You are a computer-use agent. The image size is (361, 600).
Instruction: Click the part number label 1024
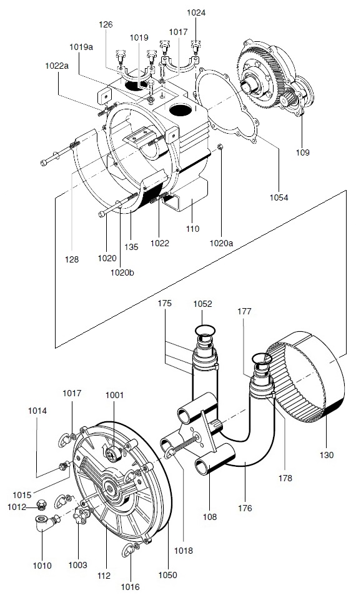[195, 12]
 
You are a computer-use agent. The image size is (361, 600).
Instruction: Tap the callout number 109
[302, 152]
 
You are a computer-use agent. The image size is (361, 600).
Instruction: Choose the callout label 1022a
[56, 65]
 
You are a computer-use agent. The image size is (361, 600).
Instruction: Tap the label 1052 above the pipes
[202, 304]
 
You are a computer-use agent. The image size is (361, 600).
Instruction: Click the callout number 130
[327, 454]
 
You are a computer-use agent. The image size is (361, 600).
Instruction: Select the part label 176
[245, 508]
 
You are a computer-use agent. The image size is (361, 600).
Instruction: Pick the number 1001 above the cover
[114, 395]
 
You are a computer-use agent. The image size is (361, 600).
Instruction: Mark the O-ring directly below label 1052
[204, 330]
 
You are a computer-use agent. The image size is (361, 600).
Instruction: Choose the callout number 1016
[131, 587]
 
